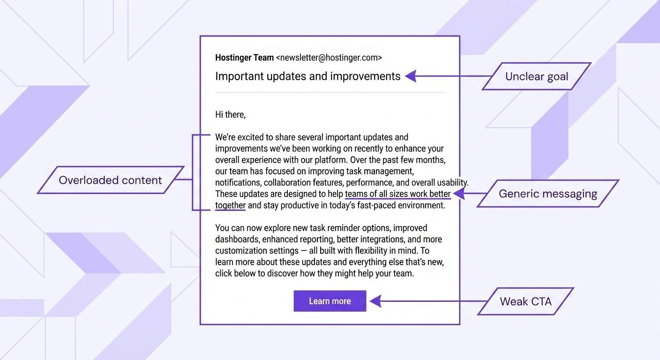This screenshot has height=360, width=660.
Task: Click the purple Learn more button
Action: click(x=330, y=301)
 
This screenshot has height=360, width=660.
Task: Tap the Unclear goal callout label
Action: click(x=536, y=76)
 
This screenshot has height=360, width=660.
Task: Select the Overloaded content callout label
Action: click(x=110, y=180)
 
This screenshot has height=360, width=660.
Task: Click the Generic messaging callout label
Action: click(x=547, y=194)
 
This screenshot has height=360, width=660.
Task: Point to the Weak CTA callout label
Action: click(x=525, y=301)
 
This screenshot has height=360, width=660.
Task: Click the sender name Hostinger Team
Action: click(x=244, y=58)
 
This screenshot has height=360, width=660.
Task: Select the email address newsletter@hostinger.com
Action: click(x=329, y=58)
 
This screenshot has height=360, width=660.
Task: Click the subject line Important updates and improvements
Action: click(x=307, y=76)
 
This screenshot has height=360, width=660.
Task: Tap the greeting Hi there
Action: click(x=230, y=114)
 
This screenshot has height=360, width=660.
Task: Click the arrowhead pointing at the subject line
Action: click(x=411, y=76)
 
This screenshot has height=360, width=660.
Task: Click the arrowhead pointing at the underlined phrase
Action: click(x=458, y=194)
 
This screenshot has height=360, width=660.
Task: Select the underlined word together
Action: click(x=230, y=205)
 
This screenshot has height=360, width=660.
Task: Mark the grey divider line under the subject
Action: click(x=330, y=92)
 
